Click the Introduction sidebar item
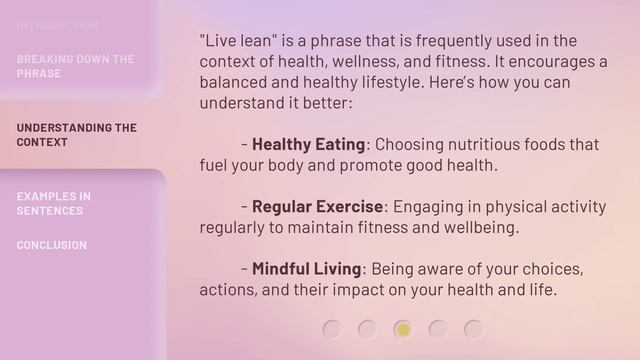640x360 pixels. (x=57, y=24)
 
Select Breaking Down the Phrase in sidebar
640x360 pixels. (x=75, y=66)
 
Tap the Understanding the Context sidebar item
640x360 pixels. (x=76, y=135)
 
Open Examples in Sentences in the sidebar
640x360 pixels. (x=53, y=203)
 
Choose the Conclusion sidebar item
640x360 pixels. (x=51, y=245)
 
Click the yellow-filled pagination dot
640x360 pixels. (x=403, y=328)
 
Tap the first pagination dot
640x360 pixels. (x=333, y=328)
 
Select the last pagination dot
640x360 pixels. (x=473, y=328)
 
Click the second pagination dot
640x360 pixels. (x=368, y=328)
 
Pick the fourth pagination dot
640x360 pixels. (x=438, y=328)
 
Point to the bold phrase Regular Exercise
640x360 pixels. (x=317, y=207)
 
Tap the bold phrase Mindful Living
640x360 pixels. (x=306, y=269)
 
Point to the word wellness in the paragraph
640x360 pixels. (x=378, y=61)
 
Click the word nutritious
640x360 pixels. (x=490, y=144)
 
